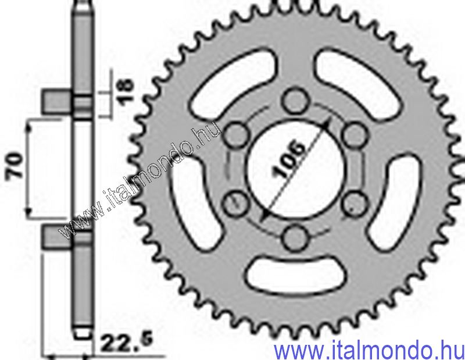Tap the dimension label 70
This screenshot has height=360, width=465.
pos(16,165)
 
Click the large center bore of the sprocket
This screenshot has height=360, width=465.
pos(296,169)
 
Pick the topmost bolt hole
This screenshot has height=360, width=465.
pos(294,101)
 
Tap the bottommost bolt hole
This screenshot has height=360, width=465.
pos(295,237)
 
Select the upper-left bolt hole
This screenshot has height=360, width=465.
pos(236,134)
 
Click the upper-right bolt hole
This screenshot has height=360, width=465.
pos(354,135)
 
